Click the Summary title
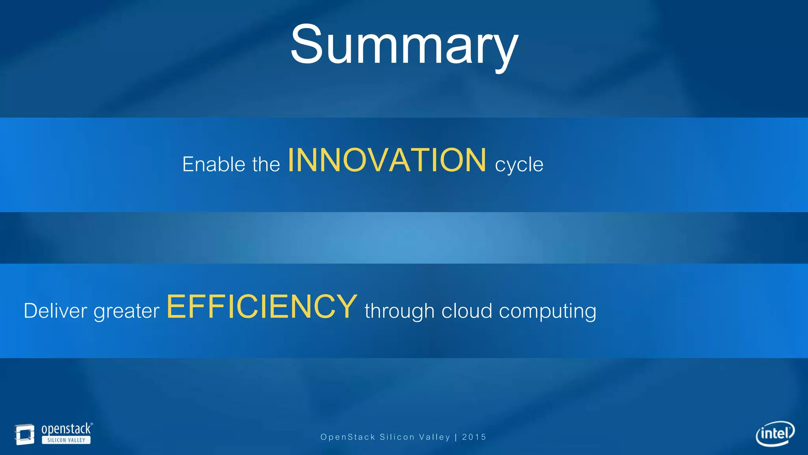coord(404,45)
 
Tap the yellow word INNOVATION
coord(387,160)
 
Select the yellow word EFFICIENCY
coord(262,307)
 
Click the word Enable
coord(214,164)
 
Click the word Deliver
coord(55,310)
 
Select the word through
coord(399,311)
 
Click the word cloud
coord(467,310)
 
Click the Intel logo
coord(775,433)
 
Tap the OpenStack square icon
coord(24,434)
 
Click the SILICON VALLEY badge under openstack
coord(66,440)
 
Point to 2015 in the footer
coord(474,437)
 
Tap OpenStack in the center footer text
coord(348,437)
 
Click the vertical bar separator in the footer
coord(456,437)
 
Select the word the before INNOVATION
coord(266,164)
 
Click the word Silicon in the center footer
coord(397,437)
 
